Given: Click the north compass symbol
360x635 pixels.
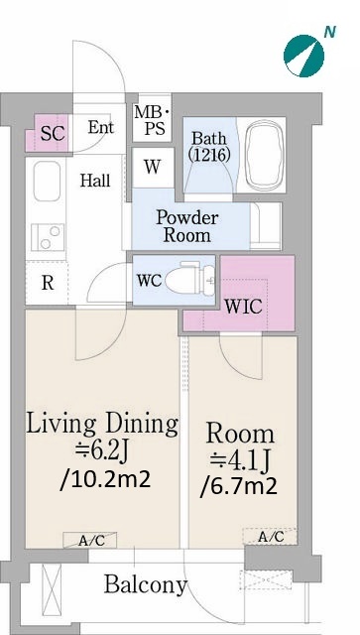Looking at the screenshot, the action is click(x=303, y=56).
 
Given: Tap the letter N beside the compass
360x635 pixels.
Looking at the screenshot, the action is click(x=329, y=33).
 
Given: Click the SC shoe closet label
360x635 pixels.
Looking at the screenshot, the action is click(x=53, y=134).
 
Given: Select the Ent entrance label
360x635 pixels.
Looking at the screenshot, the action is click(x=101, y=128).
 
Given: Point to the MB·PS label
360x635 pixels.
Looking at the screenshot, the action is click(x=153, y=120).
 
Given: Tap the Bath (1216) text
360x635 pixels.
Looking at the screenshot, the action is click(x=209, y=146).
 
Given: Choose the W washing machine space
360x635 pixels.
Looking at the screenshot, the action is click(x=153, y=167).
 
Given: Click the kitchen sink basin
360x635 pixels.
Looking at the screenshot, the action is click(x=47, y=181).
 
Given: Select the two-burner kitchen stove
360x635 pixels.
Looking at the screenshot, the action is click(x=48, y=237).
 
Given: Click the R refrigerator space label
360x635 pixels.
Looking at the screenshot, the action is click(x=48, y=283).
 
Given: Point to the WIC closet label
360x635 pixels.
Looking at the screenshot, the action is click(x=243, y=307).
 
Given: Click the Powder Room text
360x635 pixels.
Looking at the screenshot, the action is click(x=187, y=226).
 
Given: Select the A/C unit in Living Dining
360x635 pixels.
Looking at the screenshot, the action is click(x=90, y=540).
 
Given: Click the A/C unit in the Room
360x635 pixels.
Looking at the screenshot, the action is click(x=270, y=537).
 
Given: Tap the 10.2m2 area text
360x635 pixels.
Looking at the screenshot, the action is click(x=105, y=480).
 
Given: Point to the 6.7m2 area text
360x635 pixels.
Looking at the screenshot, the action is click(x=239, y=486).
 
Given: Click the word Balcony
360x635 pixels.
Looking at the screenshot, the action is click(x=146, y=585).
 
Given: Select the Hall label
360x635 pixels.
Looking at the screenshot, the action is click(x=95, y=181).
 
